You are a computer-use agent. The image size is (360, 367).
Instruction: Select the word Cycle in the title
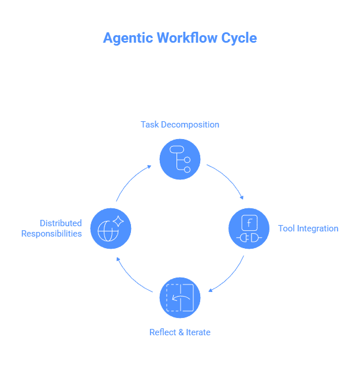pyautogui.click(x=237, y=38)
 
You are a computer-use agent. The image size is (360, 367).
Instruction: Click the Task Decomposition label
pyautogui.click(x=180, y=125)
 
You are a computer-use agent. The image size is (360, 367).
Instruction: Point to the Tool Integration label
pyautogui.click(x=308, y=229)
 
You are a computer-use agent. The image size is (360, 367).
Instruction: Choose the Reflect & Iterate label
pyautogui.click(x=180, y=332)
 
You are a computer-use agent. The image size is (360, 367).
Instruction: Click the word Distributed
pyautogui.click(x=61, y=223)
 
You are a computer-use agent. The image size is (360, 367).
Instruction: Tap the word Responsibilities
pyautogui.click(x=51, y=234)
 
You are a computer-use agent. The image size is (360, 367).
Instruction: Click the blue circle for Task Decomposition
pyautogui.click(x=180, y=159)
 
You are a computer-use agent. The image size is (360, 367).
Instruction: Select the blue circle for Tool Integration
pyautogui.click(x=249, y=229)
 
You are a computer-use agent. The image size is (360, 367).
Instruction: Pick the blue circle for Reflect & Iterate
pyautogui.click(x=180, y=298)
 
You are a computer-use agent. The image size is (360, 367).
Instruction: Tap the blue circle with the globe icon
pyautogui.click(x=111, y=229)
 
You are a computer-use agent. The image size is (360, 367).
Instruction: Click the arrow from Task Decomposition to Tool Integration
pyautogui.click(x=228, y=179)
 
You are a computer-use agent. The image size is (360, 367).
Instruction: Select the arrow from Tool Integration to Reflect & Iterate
pyautogui.click(x=230, y=276)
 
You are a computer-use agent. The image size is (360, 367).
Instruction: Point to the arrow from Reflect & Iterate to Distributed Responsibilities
pyautogui.click(x=132, y=278)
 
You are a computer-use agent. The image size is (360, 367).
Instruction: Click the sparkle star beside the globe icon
pyautogui.click(x=118, y=221)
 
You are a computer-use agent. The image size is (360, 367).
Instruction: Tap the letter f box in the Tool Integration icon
pyautogui.click(x=249, y=223)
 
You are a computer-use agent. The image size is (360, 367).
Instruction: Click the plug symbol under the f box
pyautogui.click(x=249, y=237)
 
